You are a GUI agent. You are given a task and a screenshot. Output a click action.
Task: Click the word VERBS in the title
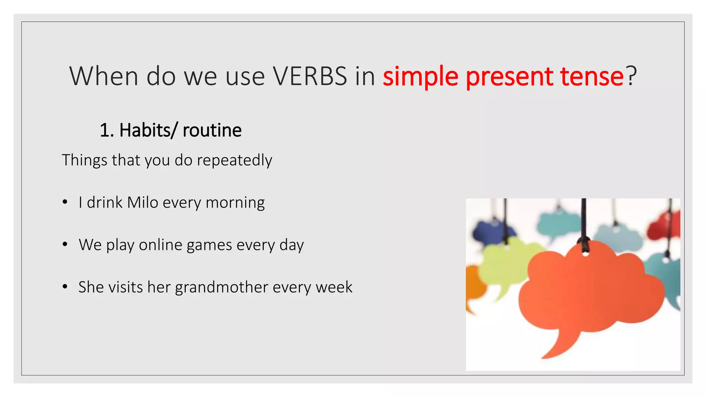tap(310, 76)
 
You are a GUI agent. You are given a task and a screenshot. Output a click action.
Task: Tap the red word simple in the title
tap(420, 77)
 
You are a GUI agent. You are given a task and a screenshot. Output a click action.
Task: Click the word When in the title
tap(104, 76)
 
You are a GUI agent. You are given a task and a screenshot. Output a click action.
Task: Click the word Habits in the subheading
tap(145, 130)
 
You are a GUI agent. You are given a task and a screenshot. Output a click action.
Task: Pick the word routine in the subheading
tap(212, 130)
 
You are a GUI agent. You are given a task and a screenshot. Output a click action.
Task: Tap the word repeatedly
tap(234, 161)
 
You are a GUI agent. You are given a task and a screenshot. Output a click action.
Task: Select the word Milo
tap(142, 202)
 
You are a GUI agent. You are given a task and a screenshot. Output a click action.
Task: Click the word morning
tap(235, 203)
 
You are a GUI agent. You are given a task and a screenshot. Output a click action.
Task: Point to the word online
tap(160, 245)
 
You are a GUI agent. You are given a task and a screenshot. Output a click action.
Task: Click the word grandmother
tap(221, 287)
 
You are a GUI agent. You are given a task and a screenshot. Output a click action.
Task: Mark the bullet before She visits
tap(65, 287)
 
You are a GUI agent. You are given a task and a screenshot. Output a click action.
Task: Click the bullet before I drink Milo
tap(65, 202)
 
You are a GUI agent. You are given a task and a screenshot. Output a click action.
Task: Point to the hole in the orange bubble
tap(585, 254)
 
